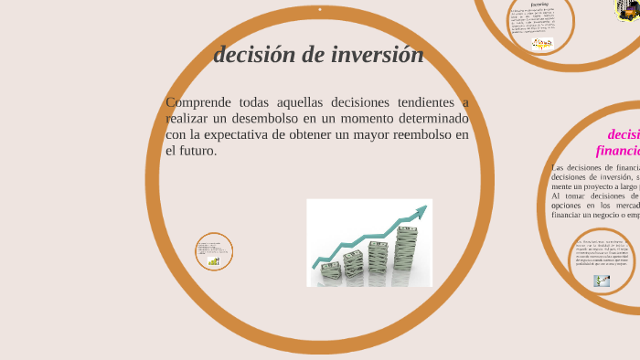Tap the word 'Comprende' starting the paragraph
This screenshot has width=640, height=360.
pos(201,102)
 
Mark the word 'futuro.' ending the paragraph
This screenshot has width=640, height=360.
pos(195,151)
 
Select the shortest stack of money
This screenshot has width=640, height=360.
pos(331,270)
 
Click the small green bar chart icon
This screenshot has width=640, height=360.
pos(214,261)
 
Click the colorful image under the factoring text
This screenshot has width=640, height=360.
pos(542,43)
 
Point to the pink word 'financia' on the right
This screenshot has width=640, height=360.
pos(618,151)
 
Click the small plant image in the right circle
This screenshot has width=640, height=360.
pos(602,281)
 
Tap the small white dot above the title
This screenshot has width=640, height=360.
pos(320,10)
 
